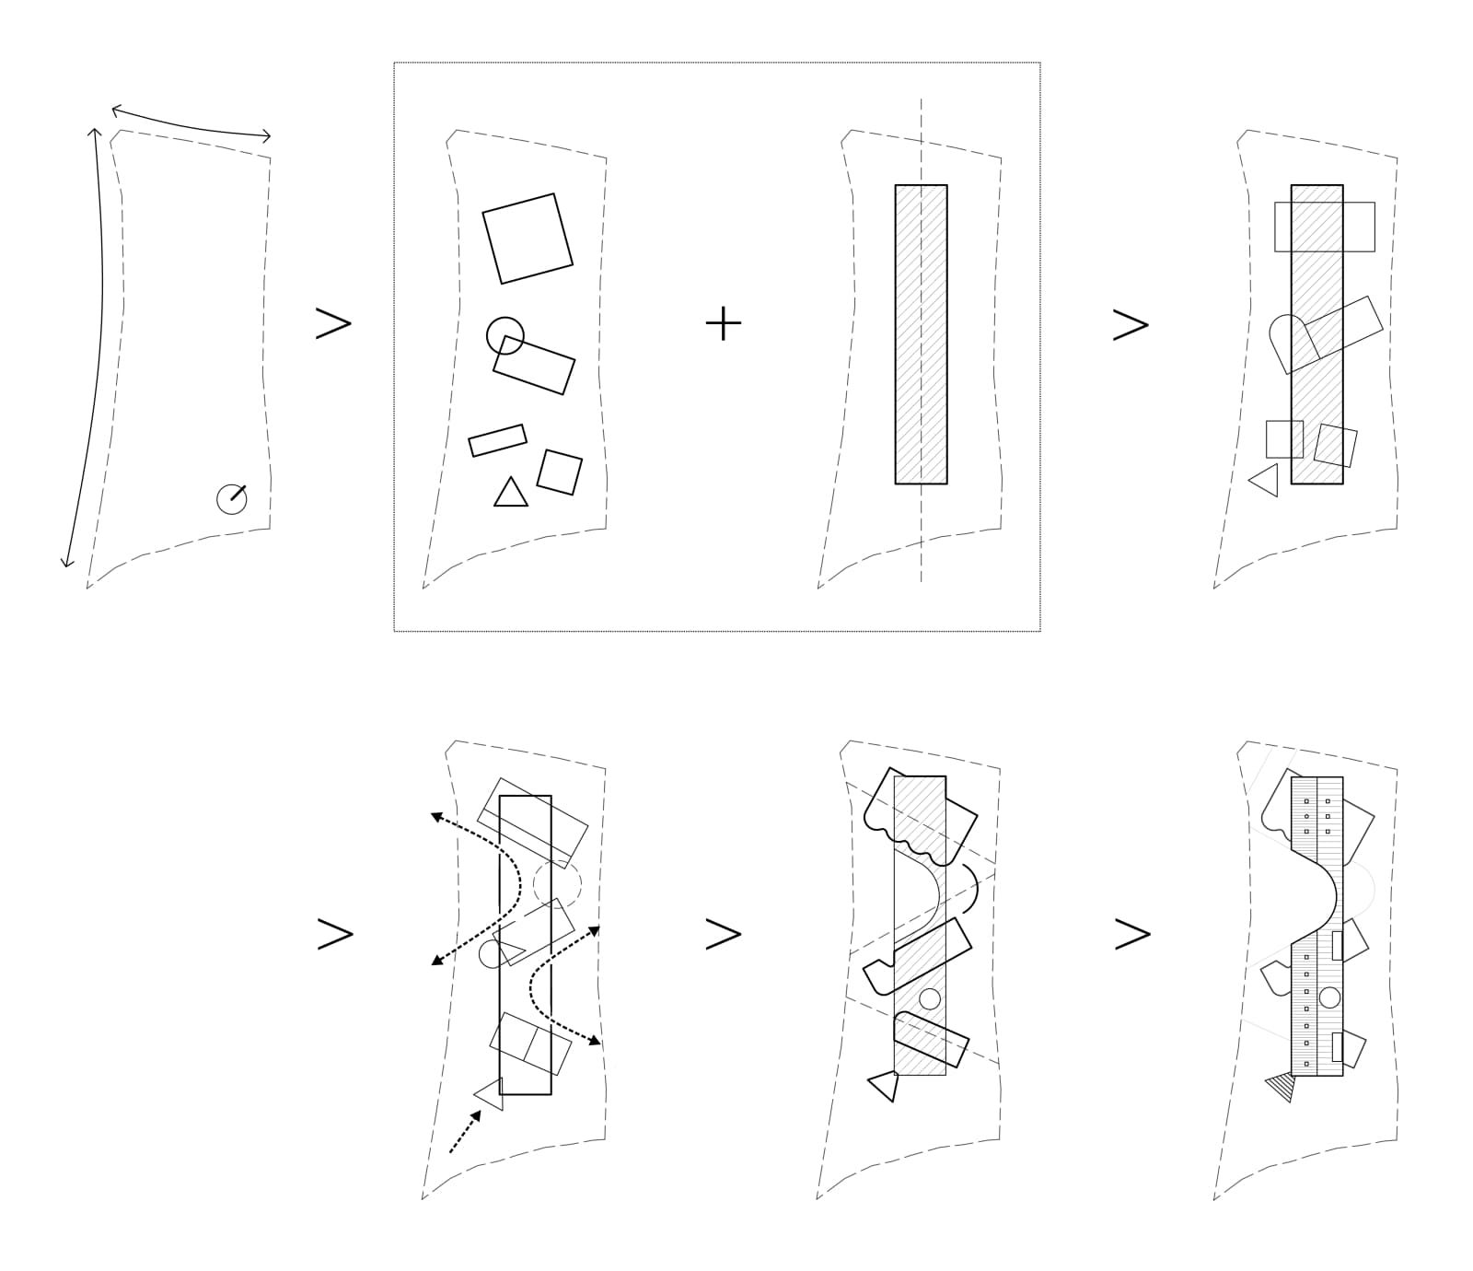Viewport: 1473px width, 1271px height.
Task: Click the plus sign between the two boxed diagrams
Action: (x=724, y=323)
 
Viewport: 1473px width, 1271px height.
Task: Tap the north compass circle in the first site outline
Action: (x=231, y=498)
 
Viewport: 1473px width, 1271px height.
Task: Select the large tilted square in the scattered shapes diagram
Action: (x=528, y=239)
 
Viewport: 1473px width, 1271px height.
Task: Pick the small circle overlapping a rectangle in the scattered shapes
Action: (x=505, y=336)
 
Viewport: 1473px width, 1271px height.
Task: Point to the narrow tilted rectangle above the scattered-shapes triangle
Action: (x=497, y=440)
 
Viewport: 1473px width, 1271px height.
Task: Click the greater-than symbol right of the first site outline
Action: (x=333, y=323)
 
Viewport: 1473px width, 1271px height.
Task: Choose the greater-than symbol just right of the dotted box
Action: (x=1131, y=324)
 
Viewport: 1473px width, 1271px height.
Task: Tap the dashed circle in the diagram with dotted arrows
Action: (x=557, y=884)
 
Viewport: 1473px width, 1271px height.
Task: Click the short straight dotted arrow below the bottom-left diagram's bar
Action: (x=465, y=1131)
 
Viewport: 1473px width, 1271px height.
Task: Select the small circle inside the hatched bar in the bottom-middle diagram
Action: (x=930, y=998)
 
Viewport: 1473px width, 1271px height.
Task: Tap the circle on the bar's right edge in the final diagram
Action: (x=1329, y=997)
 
